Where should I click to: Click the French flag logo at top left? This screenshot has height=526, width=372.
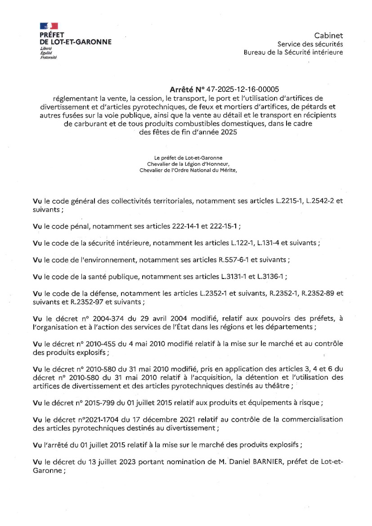click(x=49, y=26)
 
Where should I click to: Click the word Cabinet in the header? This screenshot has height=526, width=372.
click(x=328, y=36)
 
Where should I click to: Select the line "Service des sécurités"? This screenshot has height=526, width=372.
click(x=310, y=44)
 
